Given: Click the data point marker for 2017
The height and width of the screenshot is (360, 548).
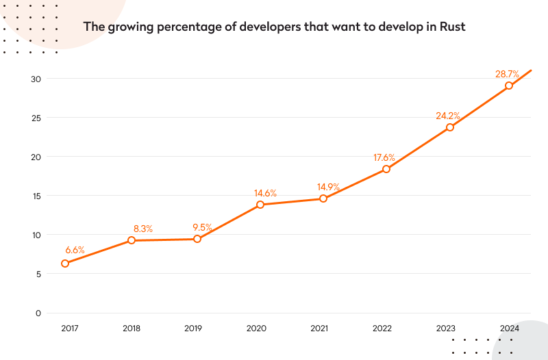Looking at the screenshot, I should click(65, 263).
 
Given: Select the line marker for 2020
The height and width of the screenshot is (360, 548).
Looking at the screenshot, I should click(260, 205).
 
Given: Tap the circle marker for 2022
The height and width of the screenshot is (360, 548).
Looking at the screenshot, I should click(386, 169).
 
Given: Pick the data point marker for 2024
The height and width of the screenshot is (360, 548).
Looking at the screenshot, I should click(509, 86).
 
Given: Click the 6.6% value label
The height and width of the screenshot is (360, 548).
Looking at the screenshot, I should click(75, 250).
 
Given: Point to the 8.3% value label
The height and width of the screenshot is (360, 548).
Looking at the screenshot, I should click(142, 229).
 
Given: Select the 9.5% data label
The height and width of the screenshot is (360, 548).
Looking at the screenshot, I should click(202, 227).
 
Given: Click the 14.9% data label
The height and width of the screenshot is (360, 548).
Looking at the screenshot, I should click(327, 187).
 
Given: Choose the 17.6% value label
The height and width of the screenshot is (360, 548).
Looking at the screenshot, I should click(384, 157).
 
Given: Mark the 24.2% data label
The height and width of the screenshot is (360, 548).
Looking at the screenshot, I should click(447, 116).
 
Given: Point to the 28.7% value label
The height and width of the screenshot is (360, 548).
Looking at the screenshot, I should click(508, 73).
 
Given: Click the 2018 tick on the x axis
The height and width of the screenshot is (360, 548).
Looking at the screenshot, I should click(132, 329).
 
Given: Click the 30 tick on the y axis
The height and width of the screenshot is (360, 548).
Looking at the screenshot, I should click(36, 79).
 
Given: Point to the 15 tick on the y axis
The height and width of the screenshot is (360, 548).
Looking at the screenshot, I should click(37, 196).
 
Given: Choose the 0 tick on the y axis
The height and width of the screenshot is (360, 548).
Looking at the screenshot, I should click(39, 313).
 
